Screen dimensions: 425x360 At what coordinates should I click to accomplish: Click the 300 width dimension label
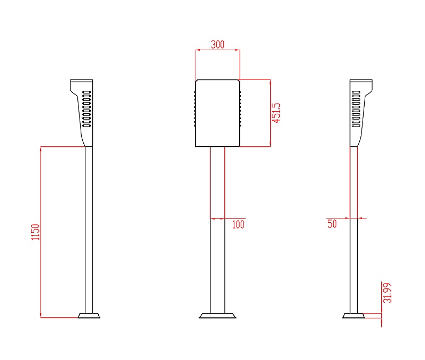[218, 44]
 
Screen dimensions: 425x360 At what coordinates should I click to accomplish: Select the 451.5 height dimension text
[276, 113]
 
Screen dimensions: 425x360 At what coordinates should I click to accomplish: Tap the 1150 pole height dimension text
[35, 232]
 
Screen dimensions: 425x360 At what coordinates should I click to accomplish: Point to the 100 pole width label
[238, 224]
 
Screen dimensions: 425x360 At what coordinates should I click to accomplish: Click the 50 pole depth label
[332, 224]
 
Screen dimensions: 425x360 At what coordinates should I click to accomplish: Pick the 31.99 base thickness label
[387, 293]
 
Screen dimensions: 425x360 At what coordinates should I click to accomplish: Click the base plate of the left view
[89, 316]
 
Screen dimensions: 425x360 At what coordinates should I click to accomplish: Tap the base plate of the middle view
[217, 316]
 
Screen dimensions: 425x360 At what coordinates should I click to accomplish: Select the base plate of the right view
[353, 316]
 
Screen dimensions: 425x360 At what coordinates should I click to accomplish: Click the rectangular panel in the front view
[217, 113]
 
